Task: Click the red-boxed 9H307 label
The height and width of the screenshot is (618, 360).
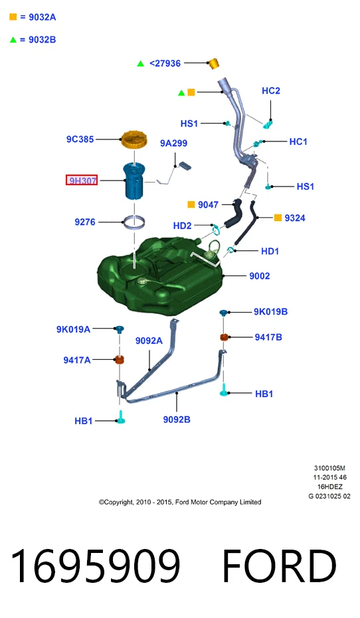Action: (x=82, y=181)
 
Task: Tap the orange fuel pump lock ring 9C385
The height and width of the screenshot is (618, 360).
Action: (x=134, y=140)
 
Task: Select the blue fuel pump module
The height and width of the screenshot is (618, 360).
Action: (x=135, y=181)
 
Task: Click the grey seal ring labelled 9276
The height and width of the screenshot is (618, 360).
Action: (x=134, y=222)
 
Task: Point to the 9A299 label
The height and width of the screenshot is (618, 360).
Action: (x=173, y=143)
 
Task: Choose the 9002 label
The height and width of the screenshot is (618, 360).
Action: (x=260, y=276)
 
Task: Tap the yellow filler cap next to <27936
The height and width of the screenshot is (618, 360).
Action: (x=214, y=63)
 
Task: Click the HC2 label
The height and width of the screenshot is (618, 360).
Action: (x=271, y=91)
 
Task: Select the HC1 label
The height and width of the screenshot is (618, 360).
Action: (x=298, y=141)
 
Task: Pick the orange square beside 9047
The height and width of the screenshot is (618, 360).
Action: (x=191, y=204)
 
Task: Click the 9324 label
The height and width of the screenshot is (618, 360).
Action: (x=295, y=218)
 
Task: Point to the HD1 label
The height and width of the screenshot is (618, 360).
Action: (x=270, y=251)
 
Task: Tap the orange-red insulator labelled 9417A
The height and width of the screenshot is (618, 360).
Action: (x=120, y=360)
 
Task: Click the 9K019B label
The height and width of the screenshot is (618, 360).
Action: (x=270, y=312)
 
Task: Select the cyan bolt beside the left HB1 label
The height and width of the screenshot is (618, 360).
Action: (x=121, y=417)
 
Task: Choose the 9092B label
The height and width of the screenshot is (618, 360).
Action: (x=177, y=420)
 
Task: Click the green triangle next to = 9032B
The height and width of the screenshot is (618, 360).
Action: (x=13, y=39)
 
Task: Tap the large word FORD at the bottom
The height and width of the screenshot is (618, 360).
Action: (x=280, y=566)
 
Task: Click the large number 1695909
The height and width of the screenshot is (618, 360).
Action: (x=95, y=566)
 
